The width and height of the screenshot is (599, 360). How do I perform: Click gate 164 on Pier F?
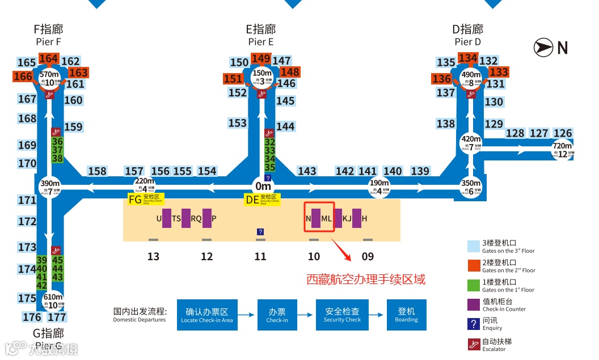pos(49,58)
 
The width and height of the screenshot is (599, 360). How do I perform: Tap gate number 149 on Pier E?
pos(261,58)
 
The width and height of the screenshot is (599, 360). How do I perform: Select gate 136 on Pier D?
pos(442,79)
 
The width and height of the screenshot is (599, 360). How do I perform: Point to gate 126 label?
pos(563,133)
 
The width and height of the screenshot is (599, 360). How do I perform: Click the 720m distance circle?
pos(563,150)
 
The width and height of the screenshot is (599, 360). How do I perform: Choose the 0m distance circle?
pos(263,186)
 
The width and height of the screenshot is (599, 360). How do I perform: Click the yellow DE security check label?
pos(262,200)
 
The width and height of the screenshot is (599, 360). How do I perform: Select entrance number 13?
pos(153,257)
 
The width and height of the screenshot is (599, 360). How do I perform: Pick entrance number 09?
pos(368,257)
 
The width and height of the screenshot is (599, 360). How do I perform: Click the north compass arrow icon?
pos(543,48)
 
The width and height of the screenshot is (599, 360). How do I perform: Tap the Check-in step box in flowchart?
pos(277,315)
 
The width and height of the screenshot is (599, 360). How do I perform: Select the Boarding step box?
pos(406,315)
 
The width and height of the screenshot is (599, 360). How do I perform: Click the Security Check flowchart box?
pos(342,315)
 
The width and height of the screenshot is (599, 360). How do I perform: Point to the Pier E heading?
pos(261,35)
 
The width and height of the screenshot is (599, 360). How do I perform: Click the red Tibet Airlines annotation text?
pos(365,279)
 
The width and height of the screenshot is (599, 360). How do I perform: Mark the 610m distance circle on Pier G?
pos(53,300)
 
